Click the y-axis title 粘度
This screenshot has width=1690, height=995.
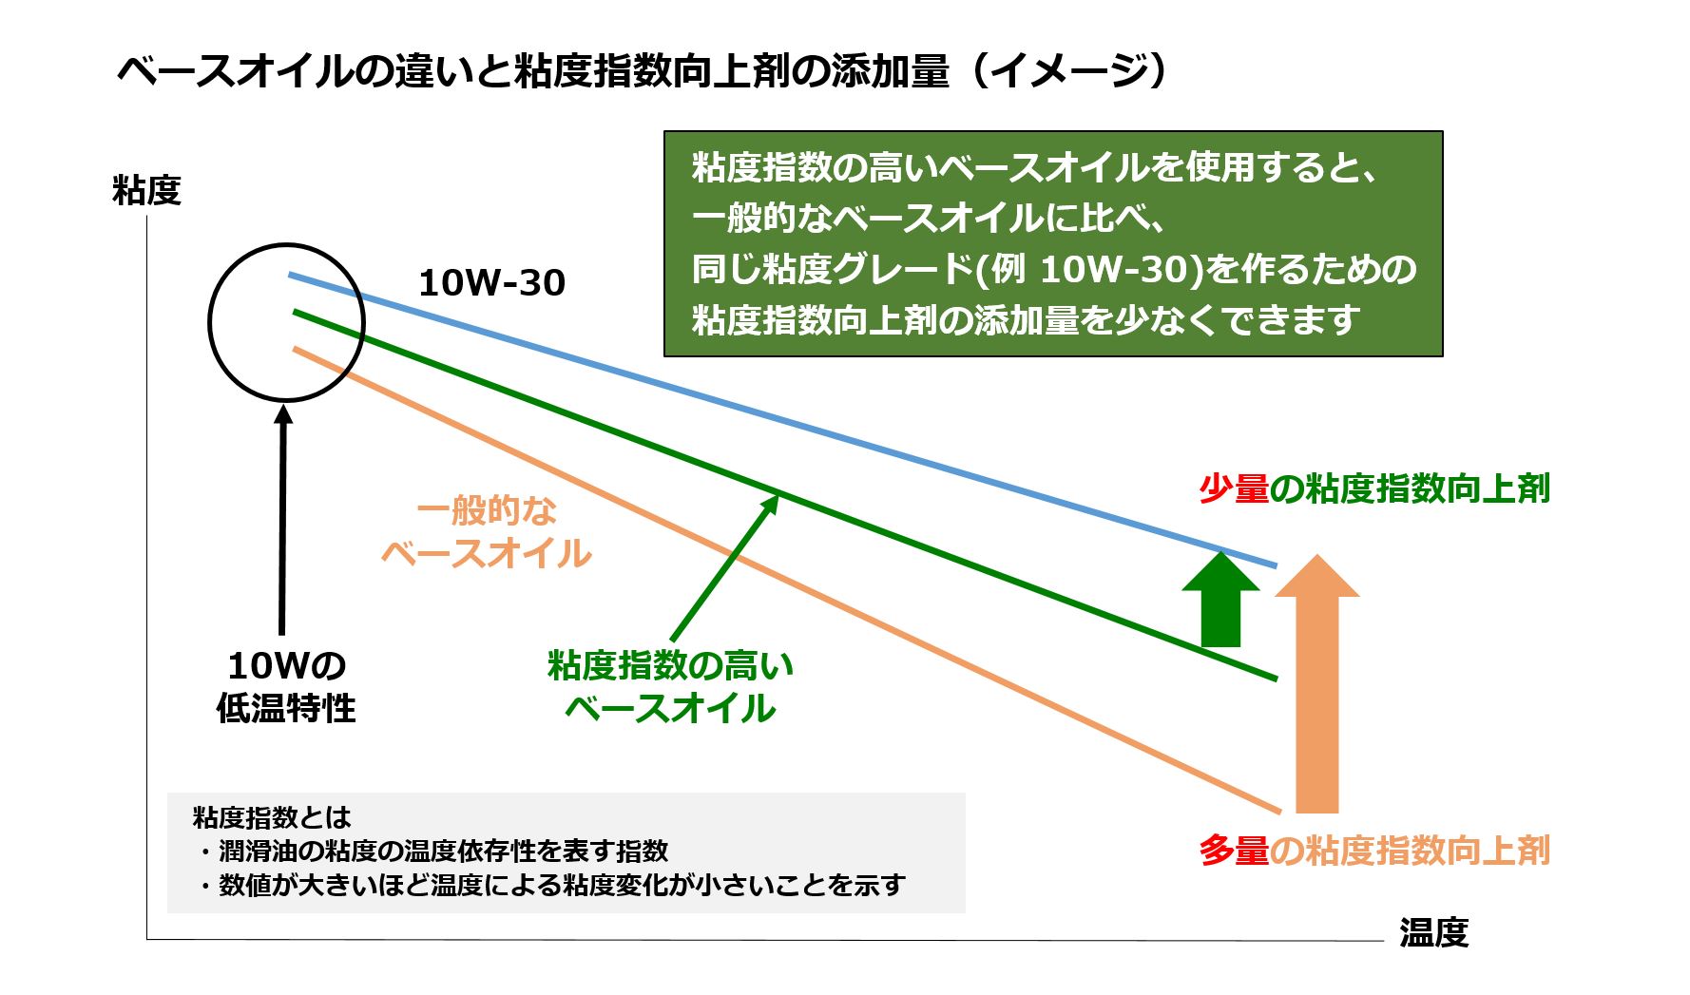(146, 191)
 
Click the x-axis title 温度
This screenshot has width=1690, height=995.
(1433, 932)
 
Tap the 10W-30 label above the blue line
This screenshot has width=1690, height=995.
(491, 282)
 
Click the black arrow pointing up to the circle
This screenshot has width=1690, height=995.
(282, 523)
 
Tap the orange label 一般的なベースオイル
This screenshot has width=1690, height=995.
(487, 532)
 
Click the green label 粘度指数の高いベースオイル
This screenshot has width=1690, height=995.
(670, 686)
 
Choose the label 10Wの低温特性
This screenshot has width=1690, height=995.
(286, 686)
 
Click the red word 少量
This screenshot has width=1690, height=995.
(1234, 488)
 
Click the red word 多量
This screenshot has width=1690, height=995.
(1234, 850)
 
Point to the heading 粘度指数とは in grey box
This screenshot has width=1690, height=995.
(272, 817)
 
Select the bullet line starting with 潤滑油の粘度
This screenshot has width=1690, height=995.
(443, 851)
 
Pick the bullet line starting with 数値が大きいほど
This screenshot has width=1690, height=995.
(561, 885)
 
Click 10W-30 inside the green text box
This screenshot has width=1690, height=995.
(1115, 270)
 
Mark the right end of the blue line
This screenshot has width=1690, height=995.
(1274, 565)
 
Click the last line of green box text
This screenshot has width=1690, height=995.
(1027, 320)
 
